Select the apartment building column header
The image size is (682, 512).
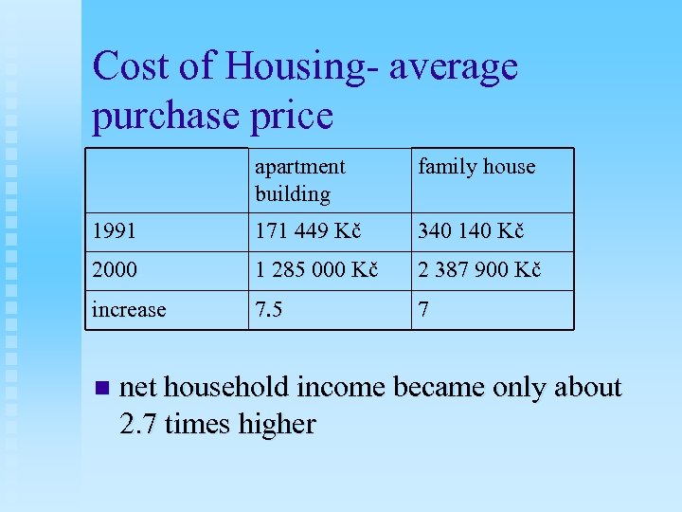point(299,180)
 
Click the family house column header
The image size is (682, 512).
point(476,167)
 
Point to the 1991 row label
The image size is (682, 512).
point(115,231)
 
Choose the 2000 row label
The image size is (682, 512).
point(115,270)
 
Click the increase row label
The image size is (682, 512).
point(129,310)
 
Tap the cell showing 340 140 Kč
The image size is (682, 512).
point(472,231)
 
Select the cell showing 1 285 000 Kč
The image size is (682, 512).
point(316,270)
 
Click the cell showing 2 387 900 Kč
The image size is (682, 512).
point(479,270)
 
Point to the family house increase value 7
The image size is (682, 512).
point(424,310)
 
